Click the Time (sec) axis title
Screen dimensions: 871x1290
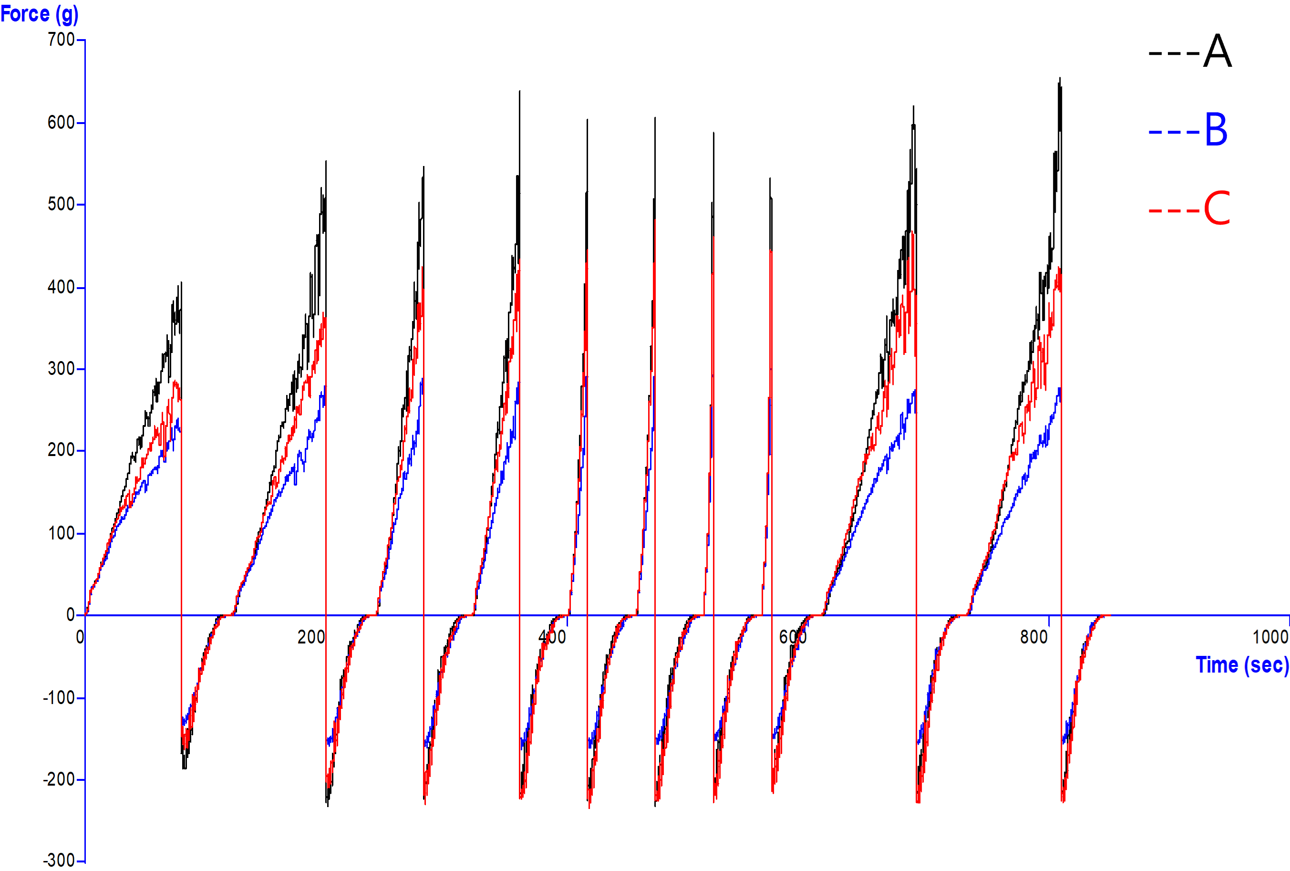pyautogui.click(x=1242, y=664)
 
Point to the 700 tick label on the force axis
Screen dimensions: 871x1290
pyautogui.click(x=61, y=40)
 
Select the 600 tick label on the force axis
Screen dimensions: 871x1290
pyautogui.click(x=61, y=122)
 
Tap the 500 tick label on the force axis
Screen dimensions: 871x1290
pyautogui.click(x=61, y=204)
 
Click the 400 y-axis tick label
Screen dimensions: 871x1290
pyautogui.click(x=61, y=287)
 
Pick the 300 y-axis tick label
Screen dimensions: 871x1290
pyautogui.click(x=61, y=369)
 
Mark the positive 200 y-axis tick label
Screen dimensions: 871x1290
pyautogui.click(x=61, y=450)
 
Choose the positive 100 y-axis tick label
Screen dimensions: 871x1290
pyautogui.click(x=61, y=533)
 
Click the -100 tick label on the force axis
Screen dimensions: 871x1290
pyautogui.click(x=60, y=698)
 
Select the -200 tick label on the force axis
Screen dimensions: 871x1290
pyautogui.click(x=60, y=779)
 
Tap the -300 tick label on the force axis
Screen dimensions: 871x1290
pyautogui.click(x=60, y=861)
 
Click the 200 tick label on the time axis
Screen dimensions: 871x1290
pyautogui.click(x=311, y=637)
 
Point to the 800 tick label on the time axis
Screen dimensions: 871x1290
pyautogui.click(x=1033, y=637)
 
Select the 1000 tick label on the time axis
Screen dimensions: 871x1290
pyautogui.click(x=1270, y=637)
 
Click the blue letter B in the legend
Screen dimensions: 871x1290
pyautogui.click(x=1216, y=129)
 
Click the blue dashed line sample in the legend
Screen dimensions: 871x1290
pyautogui.click(x=1174, y=132)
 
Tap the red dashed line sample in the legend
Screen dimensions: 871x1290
pyautogui.click(x=1174, y=211)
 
